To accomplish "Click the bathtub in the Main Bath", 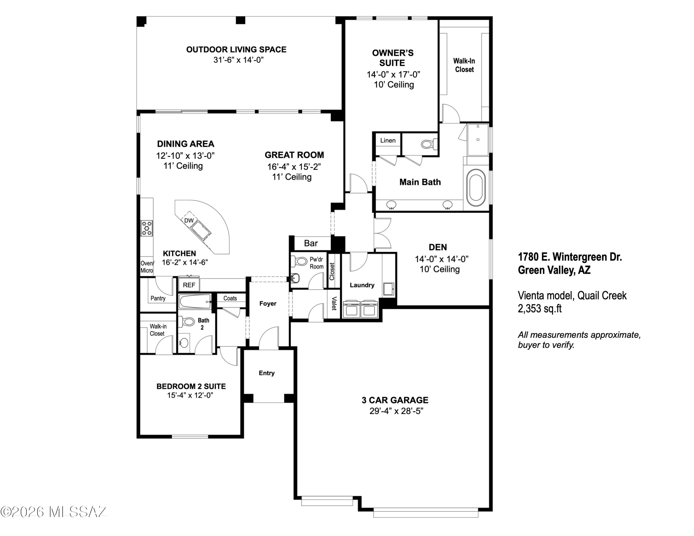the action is click(x=476, y=188).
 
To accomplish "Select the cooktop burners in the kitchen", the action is click(x=147, y=228).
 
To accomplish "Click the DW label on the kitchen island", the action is click(x=189, y=220).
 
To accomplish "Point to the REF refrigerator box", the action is click(x=189, y=285).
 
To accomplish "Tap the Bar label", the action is click(x=311, y=243).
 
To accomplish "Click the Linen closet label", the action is click(x=388, y=140).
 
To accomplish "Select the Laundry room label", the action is click(x=362, y=285).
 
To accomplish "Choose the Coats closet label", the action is click(x=230, y=298).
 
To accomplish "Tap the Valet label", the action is click(x=334, y=304).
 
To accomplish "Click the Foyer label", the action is click(x=268, y=304).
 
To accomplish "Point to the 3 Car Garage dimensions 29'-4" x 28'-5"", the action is click(x=396, y=411).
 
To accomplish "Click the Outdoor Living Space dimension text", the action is click(x=239, y=60).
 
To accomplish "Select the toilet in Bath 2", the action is click(x=186, y=322).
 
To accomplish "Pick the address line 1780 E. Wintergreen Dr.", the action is click(x=570, y=257).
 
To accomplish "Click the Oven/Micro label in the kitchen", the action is click(x=147, y=267).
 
